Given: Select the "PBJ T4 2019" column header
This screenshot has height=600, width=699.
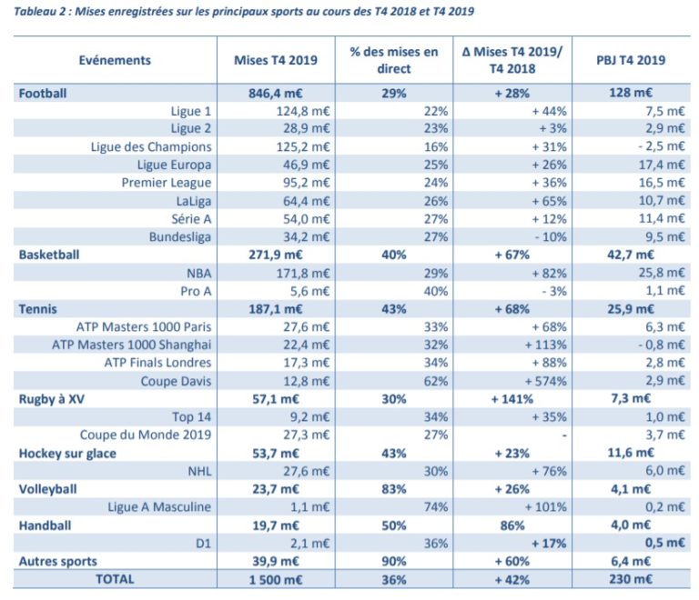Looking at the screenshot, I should [633, 60].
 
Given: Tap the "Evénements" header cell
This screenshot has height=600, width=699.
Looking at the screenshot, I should [115, 60].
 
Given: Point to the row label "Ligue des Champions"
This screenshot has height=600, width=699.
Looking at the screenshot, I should [151, 146].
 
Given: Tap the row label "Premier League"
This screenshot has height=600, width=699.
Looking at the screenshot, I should [167, 183].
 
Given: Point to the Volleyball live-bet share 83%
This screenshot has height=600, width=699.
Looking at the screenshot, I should [393, 489].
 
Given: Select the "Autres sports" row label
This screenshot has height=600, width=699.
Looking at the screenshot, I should [57, 561].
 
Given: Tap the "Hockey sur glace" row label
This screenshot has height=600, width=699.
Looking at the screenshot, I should [68, 453].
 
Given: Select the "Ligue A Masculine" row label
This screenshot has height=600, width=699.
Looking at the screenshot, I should [159, 507].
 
